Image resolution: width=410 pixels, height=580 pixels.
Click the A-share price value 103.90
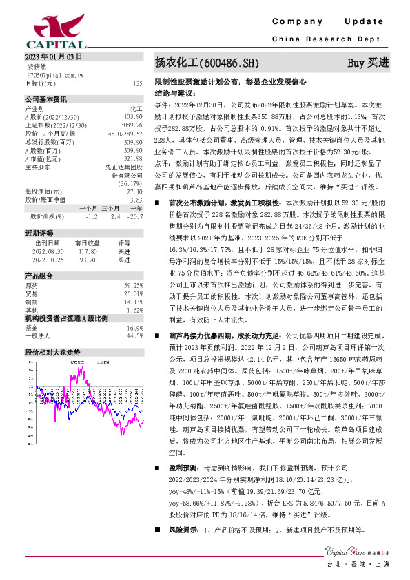click(134, 117)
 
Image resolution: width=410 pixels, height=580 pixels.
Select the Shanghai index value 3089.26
click(132, 125)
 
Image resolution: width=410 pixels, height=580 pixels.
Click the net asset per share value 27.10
click(135, 191)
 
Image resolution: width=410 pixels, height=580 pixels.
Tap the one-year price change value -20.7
click(135, 216)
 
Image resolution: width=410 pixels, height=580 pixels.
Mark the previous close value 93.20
click(87, 259)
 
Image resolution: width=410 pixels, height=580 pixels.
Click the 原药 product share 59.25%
click(133, 284)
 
